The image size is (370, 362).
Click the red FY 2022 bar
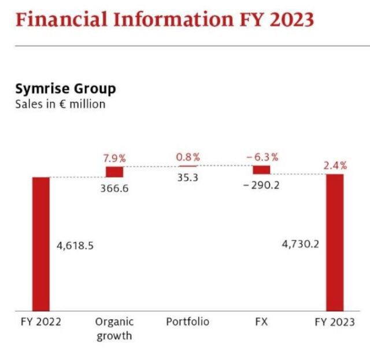[x=41, y=243]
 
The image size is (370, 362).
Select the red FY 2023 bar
[x=335, y=242]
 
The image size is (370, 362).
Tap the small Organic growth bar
[x=114, y=172]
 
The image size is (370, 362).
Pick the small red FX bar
[x=261, y=170]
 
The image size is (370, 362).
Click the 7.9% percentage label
[x=114, y=158]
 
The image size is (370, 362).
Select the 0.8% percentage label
[x=188, y=157]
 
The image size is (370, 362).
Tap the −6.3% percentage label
[x=261, y=157]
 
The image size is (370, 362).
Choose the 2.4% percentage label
[x=335, y=165]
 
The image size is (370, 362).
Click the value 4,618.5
[x=75, y=245]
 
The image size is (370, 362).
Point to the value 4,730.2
[x=300, y=244]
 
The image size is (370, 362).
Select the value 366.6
[x=114, y=188]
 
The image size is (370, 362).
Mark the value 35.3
[x=187, y=178]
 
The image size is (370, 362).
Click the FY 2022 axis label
[x=40, y=321]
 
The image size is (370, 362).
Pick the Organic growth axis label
[x=114, y=328]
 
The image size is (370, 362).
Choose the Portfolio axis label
[x=187, y=321]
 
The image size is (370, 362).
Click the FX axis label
[x=261, y=321]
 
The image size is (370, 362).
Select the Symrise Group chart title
[x=65, y=89]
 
